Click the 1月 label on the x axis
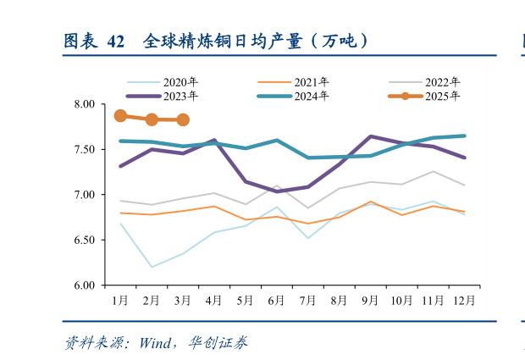click(x=120, y=300)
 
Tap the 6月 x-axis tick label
click(x=276, y=300)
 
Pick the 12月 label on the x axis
click(x=464, y=300)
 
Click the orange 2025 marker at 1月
click(x=120, y=116)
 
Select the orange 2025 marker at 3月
click(x=183, y=120)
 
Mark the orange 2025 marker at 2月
click(x=152, y=119)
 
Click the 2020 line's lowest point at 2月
click(x=152, y=267)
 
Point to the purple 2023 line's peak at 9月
click(x=370, y=136)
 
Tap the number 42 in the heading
click(x=117, y=41)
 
